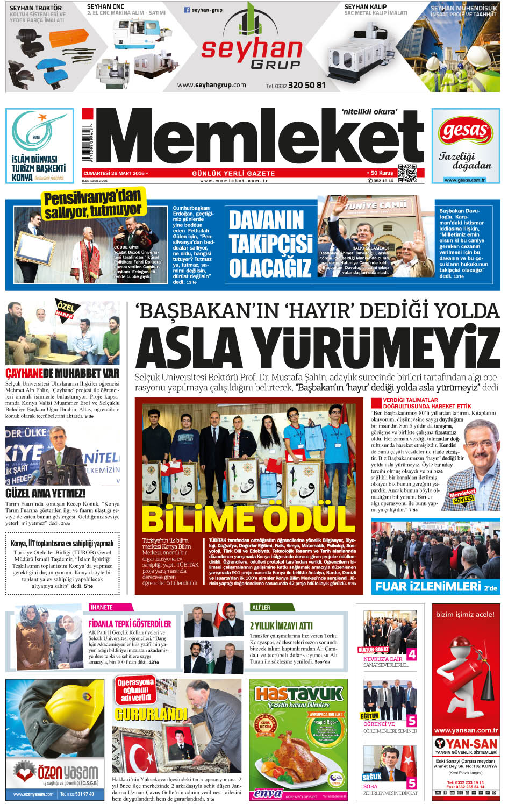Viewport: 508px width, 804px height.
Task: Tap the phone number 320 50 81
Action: coord(306,85)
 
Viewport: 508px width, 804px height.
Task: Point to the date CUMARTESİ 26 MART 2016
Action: coord(114,173)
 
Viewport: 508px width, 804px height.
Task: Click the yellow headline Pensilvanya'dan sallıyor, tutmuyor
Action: coord(92,204)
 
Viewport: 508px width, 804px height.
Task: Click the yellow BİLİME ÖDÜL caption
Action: coord(248,518)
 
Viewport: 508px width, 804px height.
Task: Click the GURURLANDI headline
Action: coord(151,714)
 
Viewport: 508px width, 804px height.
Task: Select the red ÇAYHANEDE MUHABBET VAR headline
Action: coord(62,373)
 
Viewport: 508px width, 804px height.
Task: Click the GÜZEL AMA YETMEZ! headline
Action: coord(46,493)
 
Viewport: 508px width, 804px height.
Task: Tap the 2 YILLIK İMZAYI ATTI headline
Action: coord(281,625)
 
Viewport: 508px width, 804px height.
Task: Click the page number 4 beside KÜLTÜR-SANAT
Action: coord(411,654)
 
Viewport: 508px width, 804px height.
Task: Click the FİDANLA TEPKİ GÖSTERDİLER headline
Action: coord(130,623)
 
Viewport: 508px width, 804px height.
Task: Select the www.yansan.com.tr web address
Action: coord(466,730)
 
